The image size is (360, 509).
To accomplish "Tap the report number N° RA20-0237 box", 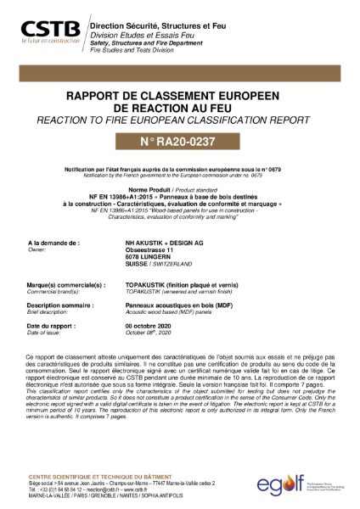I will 179,140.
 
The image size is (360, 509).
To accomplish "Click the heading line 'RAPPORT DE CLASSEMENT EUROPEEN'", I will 179,98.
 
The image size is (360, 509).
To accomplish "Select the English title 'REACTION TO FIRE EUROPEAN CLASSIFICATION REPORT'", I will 179,122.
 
